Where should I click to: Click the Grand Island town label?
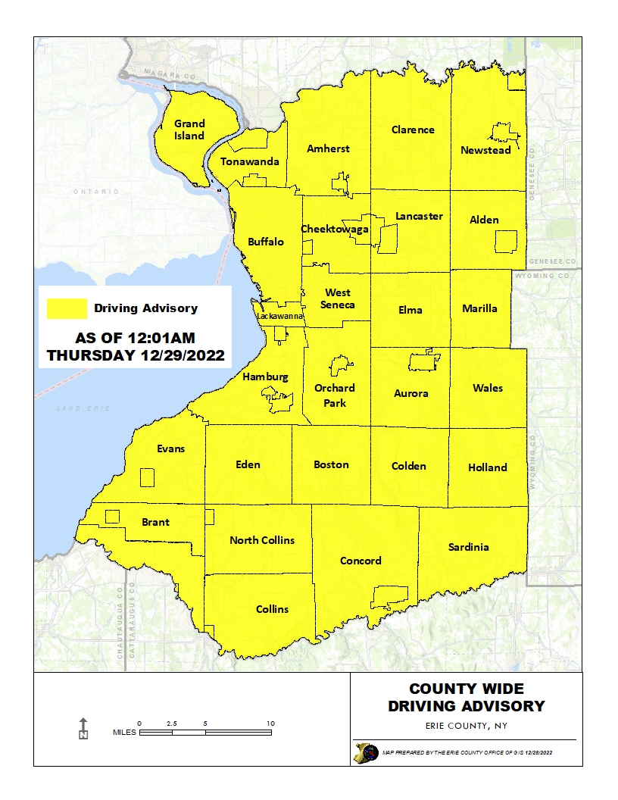[x=189, y=130]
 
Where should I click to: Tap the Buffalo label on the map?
[x=266, y=242]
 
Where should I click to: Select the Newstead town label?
[x=485, y=150]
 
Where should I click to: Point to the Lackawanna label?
[x=280, y=316]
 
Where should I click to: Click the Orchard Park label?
[x=335, y=395]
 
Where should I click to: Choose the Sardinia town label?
[x=468, y=547]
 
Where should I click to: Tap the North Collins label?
[x=261, y=540]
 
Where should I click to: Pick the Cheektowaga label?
[x=335, y=229]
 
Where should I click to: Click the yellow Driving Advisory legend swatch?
[x=67, y=308]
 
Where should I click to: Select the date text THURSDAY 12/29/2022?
[x=136, y=355]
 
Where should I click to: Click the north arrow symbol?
[x=83, y=728]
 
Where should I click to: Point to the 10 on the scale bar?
[x=270, y=724]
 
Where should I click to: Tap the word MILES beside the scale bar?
[x=125, y=733]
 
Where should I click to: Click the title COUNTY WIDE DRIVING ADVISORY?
[x=466, y=698]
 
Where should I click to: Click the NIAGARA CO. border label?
[x=157, y=77]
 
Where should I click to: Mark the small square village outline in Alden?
[x=506, y=242]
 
